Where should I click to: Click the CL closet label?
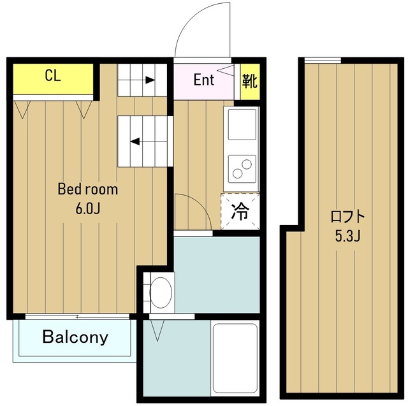click(x=53, y=75)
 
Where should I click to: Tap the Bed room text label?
click(x=88, y=189)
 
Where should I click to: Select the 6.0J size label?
click(x=88, y=208)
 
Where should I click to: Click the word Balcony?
click(x=75, y=337)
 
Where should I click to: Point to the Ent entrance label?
click(x=204, y=80)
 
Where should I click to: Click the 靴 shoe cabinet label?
click(x=250, y=81)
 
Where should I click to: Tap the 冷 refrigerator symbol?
click(x=240, y=211)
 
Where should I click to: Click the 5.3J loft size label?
click(x=347, y=236)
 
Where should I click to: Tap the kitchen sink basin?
click(x=242, y=124)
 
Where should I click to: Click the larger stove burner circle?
click(x=247, y=164)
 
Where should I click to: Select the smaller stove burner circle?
click(x=237, y=173)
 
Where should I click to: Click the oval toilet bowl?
click(x=161, y=293)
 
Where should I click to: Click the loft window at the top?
click(x=323, y=61)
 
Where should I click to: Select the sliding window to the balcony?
click(x=77, y=317)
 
